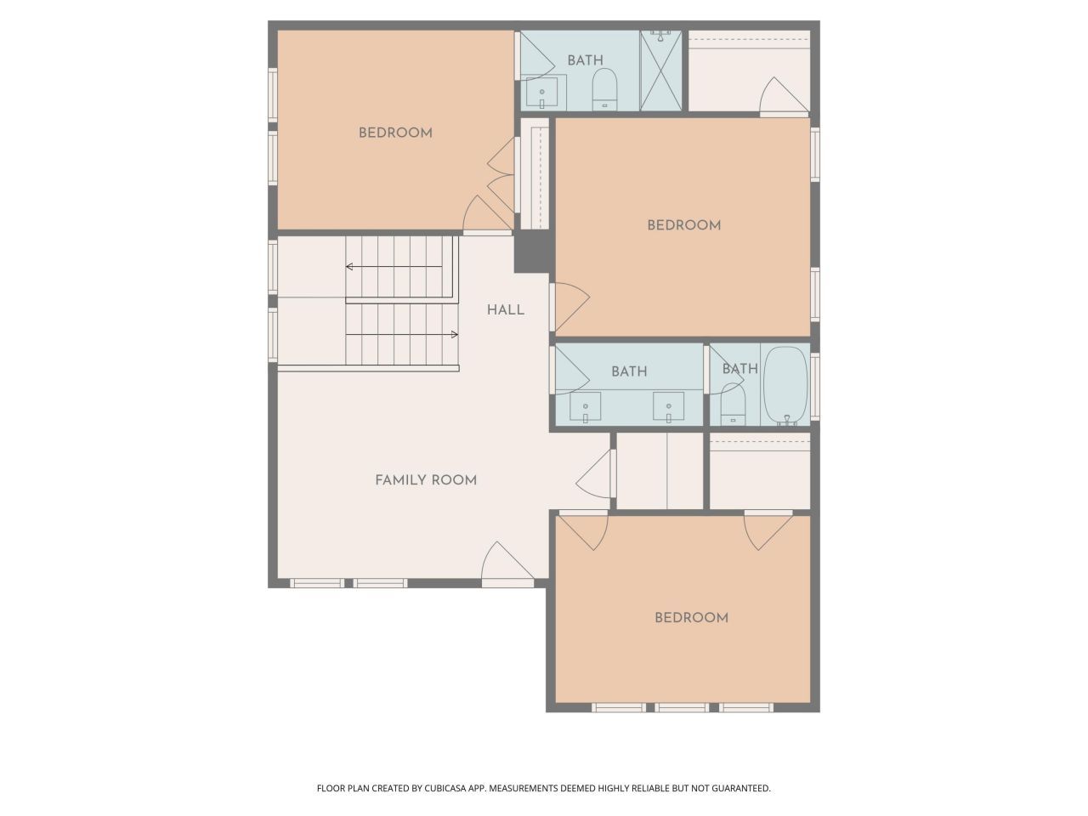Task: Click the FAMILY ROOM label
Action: coord(426,480)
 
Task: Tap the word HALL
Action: coord(506,310)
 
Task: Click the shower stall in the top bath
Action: coord(660,71)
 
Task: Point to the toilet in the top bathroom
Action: coord(604,88)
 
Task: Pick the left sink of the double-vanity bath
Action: coord(586,406)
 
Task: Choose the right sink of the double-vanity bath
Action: coord(669,406)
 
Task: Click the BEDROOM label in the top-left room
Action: coord(395,133)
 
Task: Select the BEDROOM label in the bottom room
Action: coord(691,618)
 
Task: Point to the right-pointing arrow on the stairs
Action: coord(454,335)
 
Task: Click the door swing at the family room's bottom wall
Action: coord(505,563)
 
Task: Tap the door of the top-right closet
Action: coord(782,96)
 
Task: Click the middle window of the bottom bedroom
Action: coord(682,706)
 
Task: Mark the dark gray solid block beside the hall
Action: coord(534,252)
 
